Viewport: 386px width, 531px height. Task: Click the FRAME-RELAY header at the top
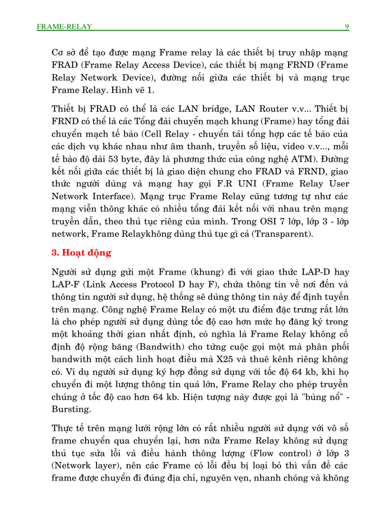[x=64, y=27]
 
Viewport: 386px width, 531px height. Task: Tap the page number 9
[x=347, y=26]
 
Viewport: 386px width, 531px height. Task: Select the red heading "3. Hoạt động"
[x=81, y=252]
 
